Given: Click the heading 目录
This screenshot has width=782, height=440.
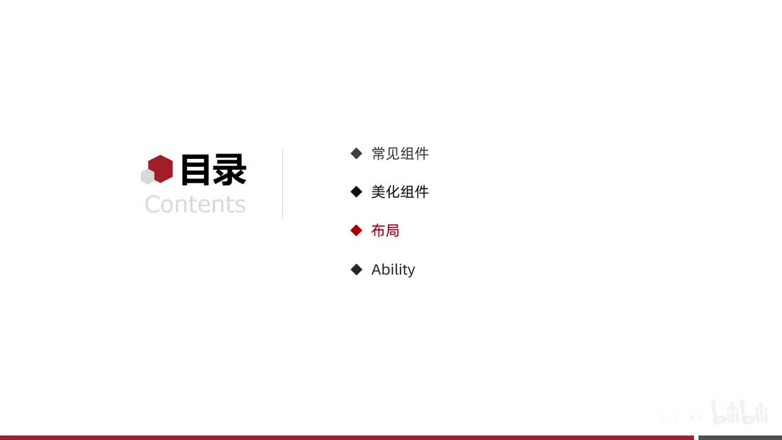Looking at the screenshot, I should click(x=213, y=170).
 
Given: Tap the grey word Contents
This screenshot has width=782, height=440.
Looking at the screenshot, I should click(x=195, y=204).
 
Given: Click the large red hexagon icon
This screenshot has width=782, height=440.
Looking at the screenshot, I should click(x=161, y=168).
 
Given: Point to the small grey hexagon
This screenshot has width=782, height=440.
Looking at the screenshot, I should click(x=147, y=177).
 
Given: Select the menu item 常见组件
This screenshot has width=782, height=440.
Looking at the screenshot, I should click(x=400, y=153).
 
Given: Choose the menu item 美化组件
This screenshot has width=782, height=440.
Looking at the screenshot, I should click(x=400, y=192).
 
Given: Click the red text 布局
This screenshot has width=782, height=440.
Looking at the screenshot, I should click(x=385, y=230).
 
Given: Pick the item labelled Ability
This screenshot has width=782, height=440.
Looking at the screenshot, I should click(x=393, y=269).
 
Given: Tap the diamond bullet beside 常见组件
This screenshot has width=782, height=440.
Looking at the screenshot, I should click(x=357, y=153).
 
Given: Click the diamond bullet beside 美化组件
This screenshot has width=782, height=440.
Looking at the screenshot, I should click(x=357, y=192).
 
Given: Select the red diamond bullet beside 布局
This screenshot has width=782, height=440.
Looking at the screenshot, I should click(x=357, y=230).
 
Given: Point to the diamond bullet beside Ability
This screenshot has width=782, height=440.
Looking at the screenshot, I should click(x=357, y=269).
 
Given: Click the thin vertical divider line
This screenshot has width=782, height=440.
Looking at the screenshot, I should click(x=283, y=183).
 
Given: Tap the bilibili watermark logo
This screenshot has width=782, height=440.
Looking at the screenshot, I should click(x=739, y=412).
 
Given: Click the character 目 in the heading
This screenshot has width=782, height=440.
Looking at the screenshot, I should click(x=195, y=170).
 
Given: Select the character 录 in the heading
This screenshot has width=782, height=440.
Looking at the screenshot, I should click(x=230, y=170).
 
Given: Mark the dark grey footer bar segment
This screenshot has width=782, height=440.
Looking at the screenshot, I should click(x=740, y=438).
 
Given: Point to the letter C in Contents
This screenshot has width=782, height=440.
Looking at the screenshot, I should click(x=153, y=204).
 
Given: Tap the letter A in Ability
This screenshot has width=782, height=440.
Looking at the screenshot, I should click(x=377, y=269).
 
